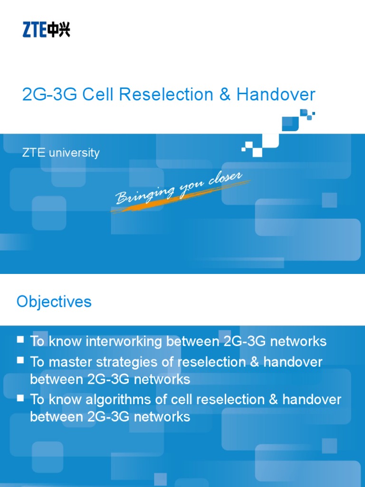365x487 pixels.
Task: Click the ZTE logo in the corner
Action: pos(46,30)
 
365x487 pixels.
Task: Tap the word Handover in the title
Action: pos(276,95)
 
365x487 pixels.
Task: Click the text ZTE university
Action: pos(60,153)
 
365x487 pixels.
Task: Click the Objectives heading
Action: pos(54,302)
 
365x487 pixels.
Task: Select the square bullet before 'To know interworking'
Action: pos(20,340)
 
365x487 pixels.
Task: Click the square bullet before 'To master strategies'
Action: pos(20,360)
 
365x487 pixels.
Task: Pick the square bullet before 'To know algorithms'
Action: pos(20,398)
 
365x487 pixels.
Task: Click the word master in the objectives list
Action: pos(66,362)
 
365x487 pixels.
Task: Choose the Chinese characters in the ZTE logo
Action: pos(60,30)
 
